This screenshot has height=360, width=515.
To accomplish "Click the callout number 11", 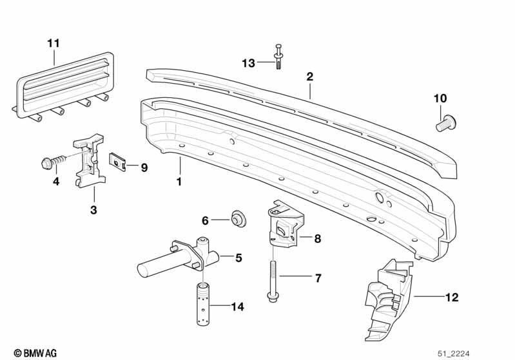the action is [x=53, y=43].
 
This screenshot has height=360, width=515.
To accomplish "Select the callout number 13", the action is [x=248, y=63].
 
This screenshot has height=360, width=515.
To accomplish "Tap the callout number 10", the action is [x=440, y=98].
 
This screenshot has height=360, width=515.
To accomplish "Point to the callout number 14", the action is [x=237, y=307].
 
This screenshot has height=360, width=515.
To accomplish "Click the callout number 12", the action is [x=452, y=297].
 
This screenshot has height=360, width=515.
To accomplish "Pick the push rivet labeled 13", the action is [x=278, y=57].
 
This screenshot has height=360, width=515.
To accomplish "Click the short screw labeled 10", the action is [x=445, y=123].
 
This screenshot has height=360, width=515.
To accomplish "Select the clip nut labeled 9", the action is [x=117, y=162].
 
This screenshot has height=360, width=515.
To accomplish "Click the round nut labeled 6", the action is [x=238, y=218].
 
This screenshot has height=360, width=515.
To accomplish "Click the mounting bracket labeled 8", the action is [x=284, y=223].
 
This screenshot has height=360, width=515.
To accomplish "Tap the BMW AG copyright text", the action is [x=35, y=353].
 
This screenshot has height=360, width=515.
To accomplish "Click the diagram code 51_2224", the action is [x=454, y=354].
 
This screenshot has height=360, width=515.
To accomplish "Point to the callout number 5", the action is [x=238, y=258].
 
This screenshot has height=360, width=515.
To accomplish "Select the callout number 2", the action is [x=309, y=77].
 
